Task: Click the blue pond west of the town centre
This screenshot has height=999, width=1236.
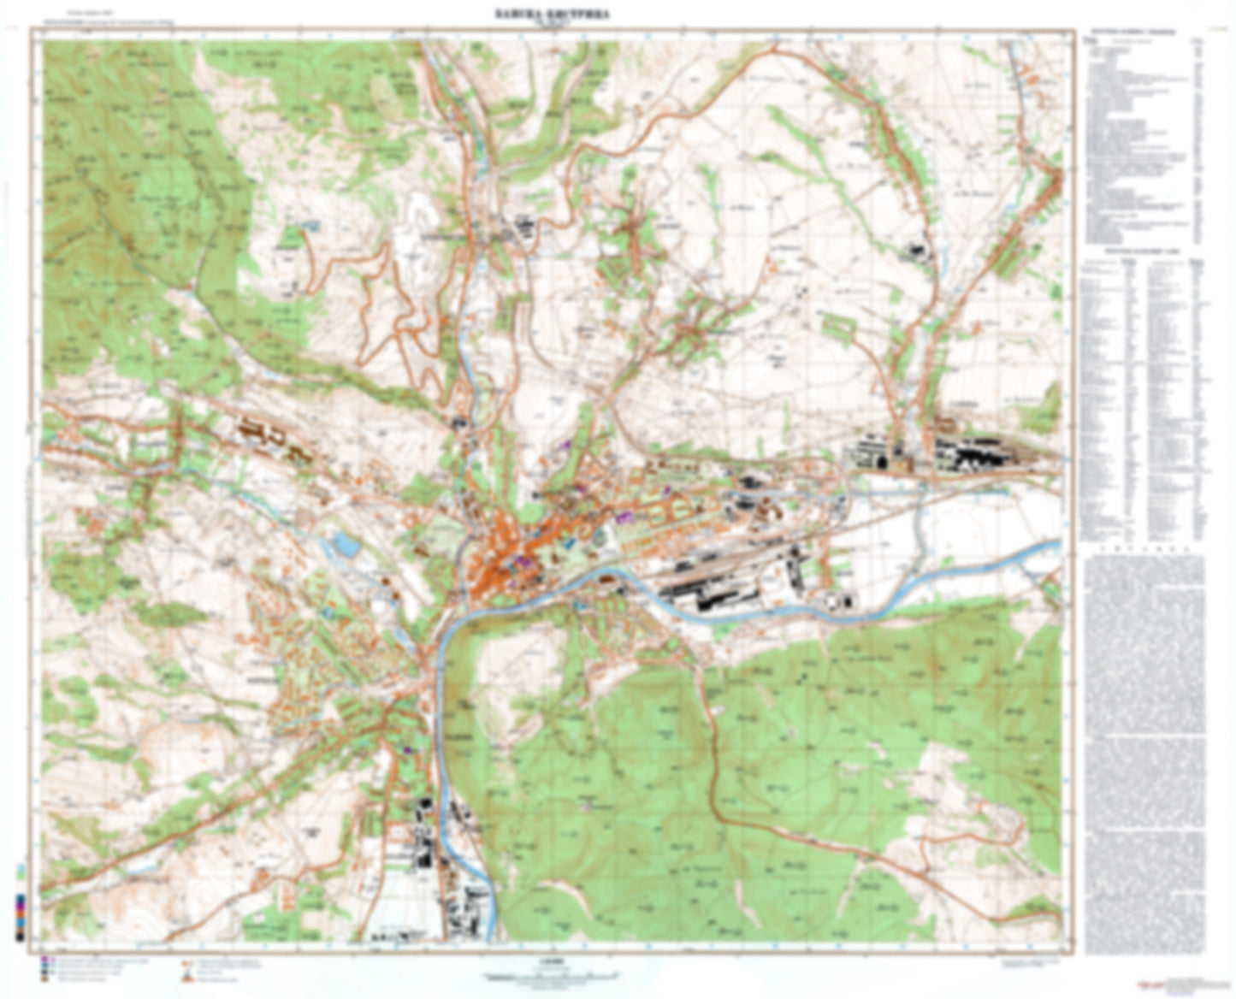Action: click(346, 544)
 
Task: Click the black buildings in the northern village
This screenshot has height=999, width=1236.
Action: click(522, 228)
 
